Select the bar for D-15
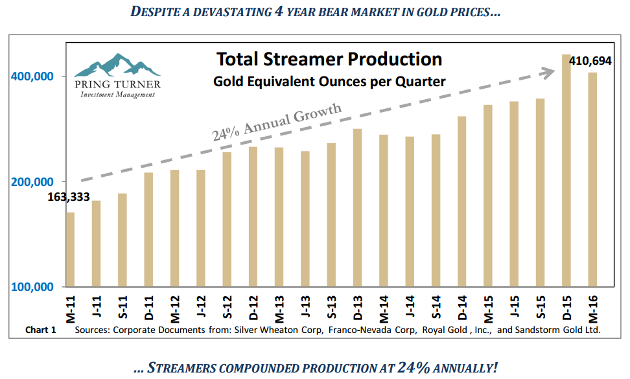tap(566, 172)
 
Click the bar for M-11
tap(70, 249)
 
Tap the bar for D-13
tap(357, 207)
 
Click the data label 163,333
tap(68, 197)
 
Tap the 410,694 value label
tap(591, 61)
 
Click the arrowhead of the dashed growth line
tap(554, 73)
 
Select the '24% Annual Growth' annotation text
tap(277, 122)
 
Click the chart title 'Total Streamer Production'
tap(329, 60)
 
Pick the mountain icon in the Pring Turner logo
tap(117, 65)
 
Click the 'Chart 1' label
tap(41, 330)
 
